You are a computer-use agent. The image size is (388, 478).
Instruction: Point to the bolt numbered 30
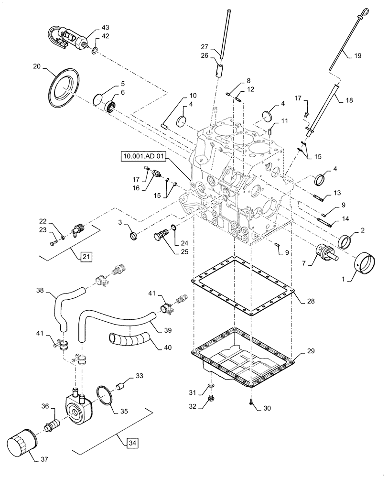[x=251, y=403]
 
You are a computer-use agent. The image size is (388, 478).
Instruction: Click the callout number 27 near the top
[x=204, y=46]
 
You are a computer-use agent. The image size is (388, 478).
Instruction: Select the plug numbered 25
[x=161, y=235]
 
